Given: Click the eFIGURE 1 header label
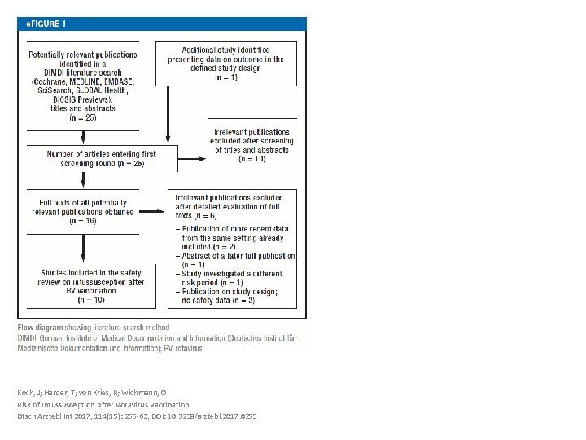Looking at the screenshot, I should click(x=46, y=24).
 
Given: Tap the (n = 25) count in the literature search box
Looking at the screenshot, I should click(x=82, y=117).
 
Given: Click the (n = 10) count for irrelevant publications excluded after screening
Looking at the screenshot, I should click(x=251, y=159).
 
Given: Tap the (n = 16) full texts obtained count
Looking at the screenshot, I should click(x=82, y=221).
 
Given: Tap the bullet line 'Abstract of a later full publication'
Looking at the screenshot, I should click(x=234, y=256).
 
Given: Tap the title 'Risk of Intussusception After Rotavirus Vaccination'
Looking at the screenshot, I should click(x=103, y=404).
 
